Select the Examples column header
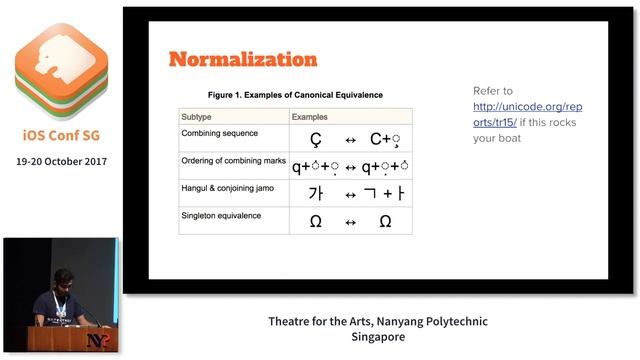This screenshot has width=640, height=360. click(x=312, y=117)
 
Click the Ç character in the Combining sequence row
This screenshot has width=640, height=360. click(x=316, y=140)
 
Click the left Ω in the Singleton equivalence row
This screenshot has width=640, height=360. click(x=316, y=221)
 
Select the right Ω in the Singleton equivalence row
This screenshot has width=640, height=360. click(x=385, y=221)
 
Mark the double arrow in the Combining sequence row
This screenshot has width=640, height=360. click(x=350, y=140)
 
